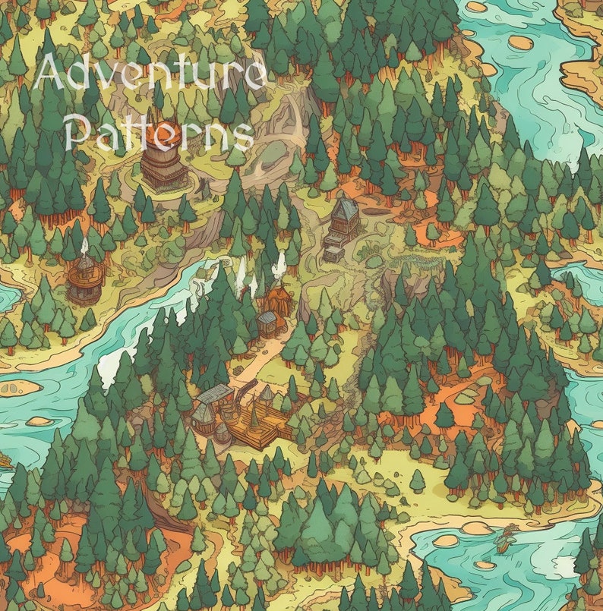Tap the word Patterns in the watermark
(x=159, y=134)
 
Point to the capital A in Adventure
(x=50, y=74)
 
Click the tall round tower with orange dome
(x=163, y=156)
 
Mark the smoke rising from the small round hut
(x=84, y=246)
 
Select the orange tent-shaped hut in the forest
(x=278, y=298)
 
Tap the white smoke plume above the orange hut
(x=280, y=265)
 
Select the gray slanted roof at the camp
(x=215, y=393)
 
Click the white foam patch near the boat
(x=566, y=565)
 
